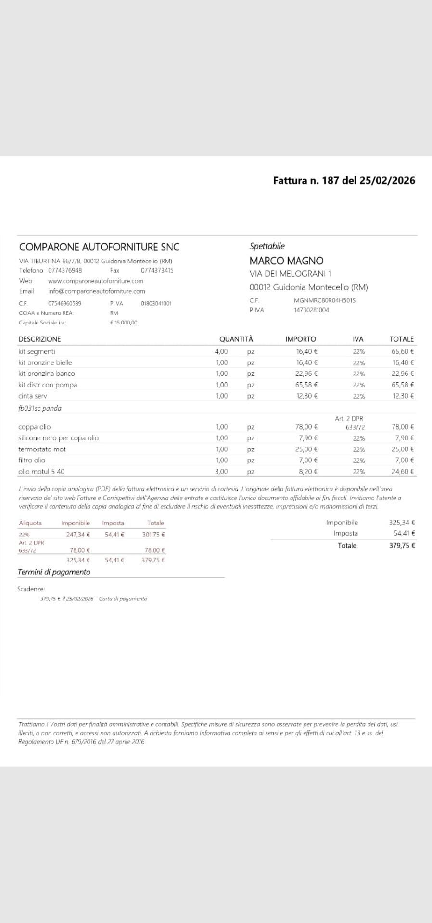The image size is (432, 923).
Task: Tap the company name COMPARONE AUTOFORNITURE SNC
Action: (99, 247)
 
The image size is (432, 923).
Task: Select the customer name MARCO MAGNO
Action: (286, 261)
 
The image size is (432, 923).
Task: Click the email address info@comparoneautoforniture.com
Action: (96, 291)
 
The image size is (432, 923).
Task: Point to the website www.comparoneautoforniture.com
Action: (96, 281)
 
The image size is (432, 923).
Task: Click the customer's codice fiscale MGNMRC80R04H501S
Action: (324, 300)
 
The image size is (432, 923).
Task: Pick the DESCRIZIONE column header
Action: (39, 339)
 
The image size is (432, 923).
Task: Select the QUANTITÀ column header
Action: (236, 339)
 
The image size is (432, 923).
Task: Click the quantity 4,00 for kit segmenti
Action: (221, 351)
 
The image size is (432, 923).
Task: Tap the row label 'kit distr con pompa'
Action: (48, 385)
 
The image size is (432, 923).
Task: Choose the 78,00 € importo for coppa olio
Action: (306, 427)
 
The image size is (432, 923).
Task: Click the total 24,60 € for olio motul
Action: (402, 472)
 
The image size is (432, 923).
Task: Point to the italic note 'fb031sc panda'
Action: (39, 408)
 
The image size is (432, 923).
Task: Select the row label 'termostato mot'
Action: (42, 449)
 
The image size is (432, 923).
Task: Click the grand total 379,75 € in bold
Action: (402, 546)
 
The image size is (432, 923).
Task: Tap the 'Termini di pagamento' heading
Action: (54, 572)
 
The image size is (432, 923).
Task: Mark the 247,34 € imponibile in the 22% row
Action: (78, 535)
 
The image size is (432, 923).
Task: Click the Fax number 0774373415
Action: (157, 270)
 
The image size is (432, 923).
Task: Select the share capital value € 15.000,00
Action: (124, 323)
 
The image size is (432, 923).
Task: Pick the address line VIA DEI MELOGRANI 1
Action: (291, 274)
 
